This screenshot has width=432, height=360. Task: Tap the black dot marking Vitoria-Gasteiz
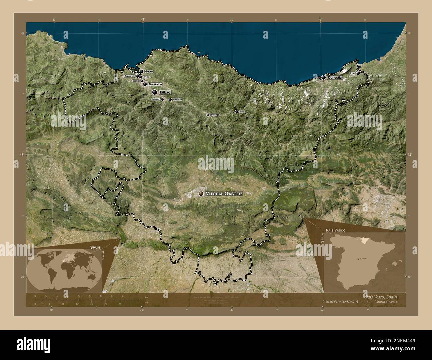tap(201, 193)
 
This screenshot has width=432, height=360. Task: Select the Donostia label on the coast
tap(334, 77)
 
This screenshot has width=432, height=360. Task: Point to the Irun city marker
tap(358, 73)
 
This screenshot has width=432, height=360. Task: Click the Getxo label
tap(148, 71)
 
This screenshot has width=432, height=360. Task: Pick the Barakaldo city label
tap(155, 84)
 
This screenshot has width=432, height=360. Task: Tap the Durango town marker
tap(208, 115)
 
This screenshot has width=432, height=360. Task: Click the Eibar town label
tap(242, 112)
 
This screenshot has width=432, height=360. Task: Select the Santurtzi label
tap(130, 76)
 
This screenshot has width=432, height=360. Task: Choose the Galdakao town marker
tap(170, 99)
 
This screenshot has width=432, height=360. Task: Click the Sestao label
tap(136, 81)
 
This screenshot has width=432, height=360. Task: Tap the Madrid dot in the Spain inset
tap(358, 258)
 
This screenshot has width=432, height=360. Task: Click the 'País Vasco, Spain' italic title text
tap(380, 297)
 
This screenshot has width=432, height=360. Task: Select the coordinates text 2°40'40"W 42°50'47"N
tap(340, 302)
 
